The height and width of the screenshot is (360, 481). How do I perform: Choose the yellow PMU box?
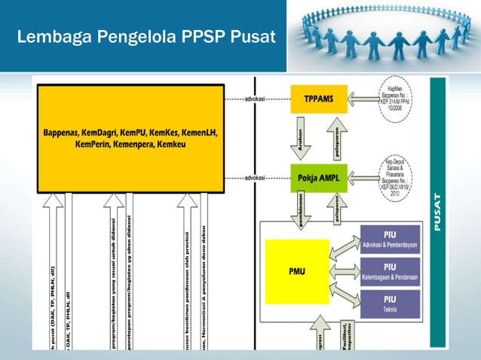click(297, 270)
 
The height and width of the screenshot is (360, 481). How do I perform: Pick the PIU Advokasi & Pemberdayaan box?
click(390, 239)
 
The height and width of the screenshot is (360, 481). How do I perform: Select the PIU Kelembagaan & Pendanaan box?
click(390, 271)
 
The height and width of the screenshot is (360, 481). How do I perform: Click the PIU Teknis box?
click(390, 304)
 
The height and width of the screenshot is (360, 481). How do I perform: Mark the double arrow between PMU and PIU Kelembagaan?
click(345, 271)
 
